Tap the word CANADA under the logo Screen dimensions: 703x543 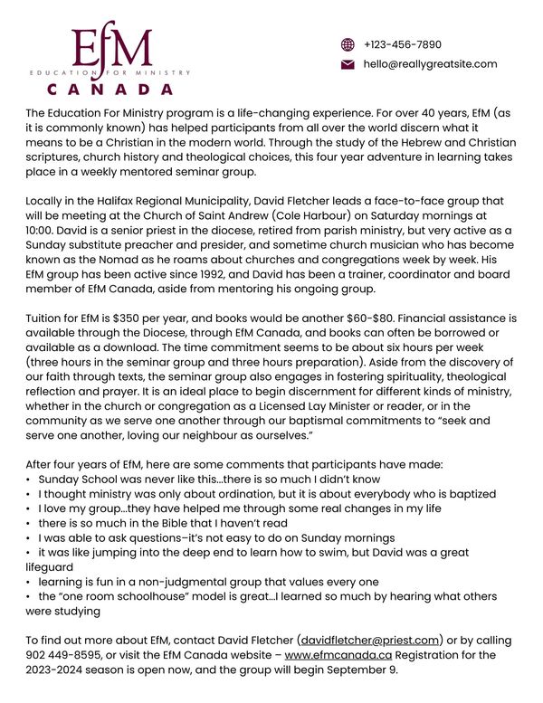(x=110, y=89)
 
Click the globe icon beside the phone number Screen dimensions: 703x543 (x=347, y=44)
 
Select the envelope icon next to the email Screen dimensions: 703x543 (x=347, y=64)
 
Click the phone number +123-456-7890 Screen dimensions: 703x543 (x=403, y=44)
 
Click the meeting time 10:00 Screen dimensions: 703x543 (x=39, y=233)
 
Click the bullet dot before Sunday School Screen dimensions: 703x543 (x=29, y=480)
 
